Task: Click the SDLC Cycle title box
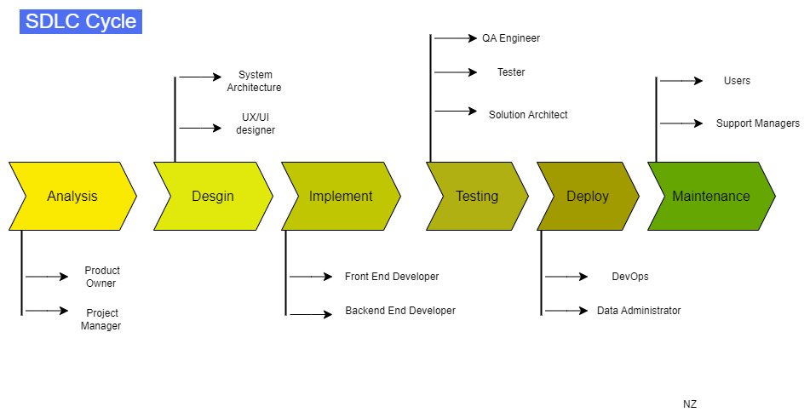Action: coord(81,21)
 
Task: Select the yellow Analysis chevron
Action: coord(72,197)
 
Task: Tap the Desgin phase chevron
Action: coord(213,197)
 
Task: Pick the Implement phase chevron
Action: coord(341,197)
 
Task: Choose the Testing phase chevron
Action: coord(477,197)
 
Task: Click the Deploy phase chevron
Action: coord(588,197)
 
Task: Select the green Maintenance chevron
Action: coord(711,197)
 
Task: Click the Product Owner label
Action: coord(101,277)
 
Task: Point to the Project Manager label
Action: coord(101,319)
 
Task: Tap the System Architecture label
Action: coord(254,81)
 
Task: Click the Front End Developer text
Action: coord(392,277)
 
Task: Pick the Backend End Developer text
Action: coord(400,311)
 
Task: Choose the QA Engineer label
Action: coord(511,38)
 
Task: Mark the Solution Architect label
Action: coord(528,115)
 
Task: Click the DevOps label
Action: coord(630,277)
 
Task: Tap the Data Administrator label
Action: coord(639,311)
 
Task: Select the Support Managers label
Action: coord(757,123)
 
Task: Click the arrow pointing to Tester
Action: coord(456,72)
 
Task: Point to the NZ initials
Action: coord(690,404)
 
